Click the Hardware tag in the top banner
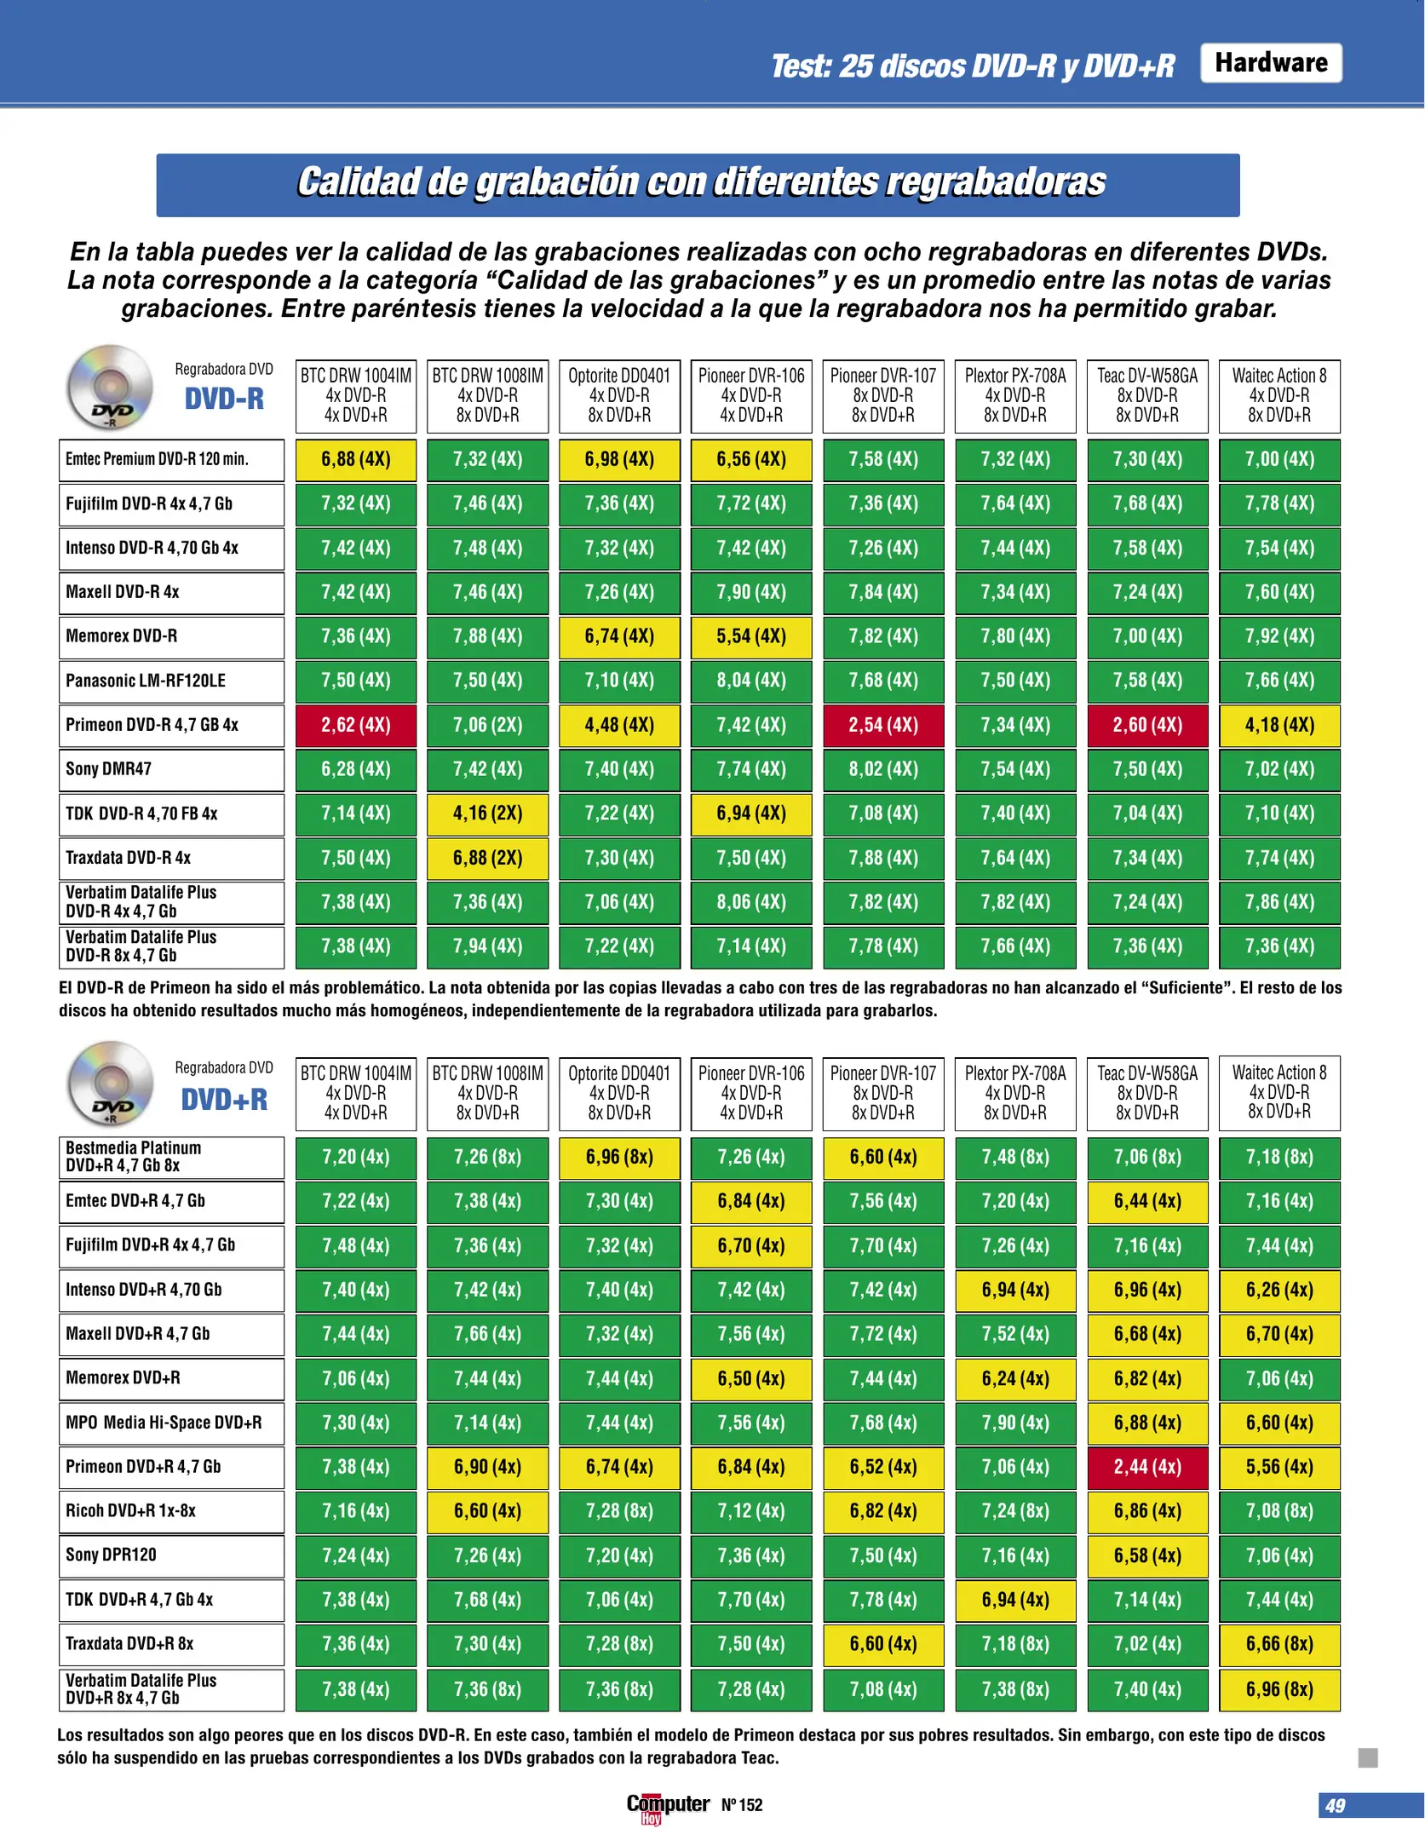(x=1270, y=63)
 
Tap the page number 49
(x=1335, y=1805)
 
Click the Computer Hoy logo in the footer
(x=667, y=1806)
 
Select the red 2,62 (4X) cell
(x=355, y=725)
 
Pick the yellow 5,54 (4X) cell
(x=750, y=636)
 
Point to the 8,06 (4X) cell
(x=750, y=902)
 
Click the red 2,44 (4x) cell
(x=1146, y=1467)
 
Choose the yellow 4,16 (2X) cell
(x=487, y=814)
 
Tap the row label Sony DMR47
(x=108, y=769)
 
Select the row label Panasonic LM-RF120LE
(x=146, y=681)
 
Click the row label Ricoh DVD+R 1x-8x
(x=130, y=1510)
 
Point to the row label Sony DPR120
(x=111, y=1555)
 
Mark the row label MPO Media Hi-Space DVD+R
(x=164, y=1423)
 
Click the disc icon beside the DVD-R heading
(x=110, y=388)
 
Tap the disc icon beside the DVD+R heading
(x=110, y=1084)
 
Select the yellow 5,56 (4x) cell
(x=1278, y=1467)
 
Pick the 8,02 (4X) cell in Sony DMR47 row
(x=882, y=769)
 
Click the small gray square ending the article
(x=1367, y=1757)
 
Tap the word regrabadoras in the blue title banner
(x=995, y=183)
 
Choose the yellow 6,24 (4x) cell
(x=1014, y=1378)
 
